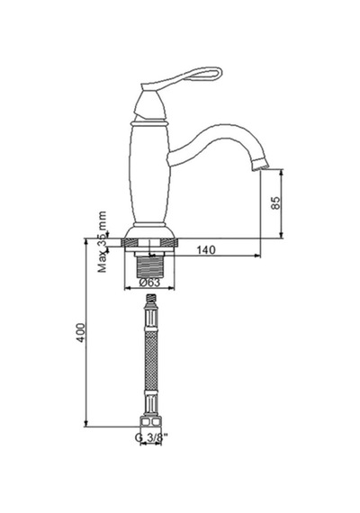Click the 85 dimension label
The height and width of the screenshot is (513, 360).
276,202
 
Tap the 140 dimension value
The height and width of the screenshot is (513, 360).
206,250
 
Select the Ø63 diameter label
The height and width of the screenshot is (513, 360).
149,282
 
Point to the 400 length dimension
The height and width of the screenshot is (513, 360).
80,333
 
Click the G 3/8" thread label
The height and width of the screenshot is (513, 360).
151,436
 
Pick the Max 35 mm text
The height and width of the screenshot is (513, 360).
103,242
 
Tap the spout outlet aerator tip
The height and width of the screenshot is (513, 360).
261,164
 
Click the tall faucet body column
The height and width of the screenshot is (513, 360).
150,175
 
